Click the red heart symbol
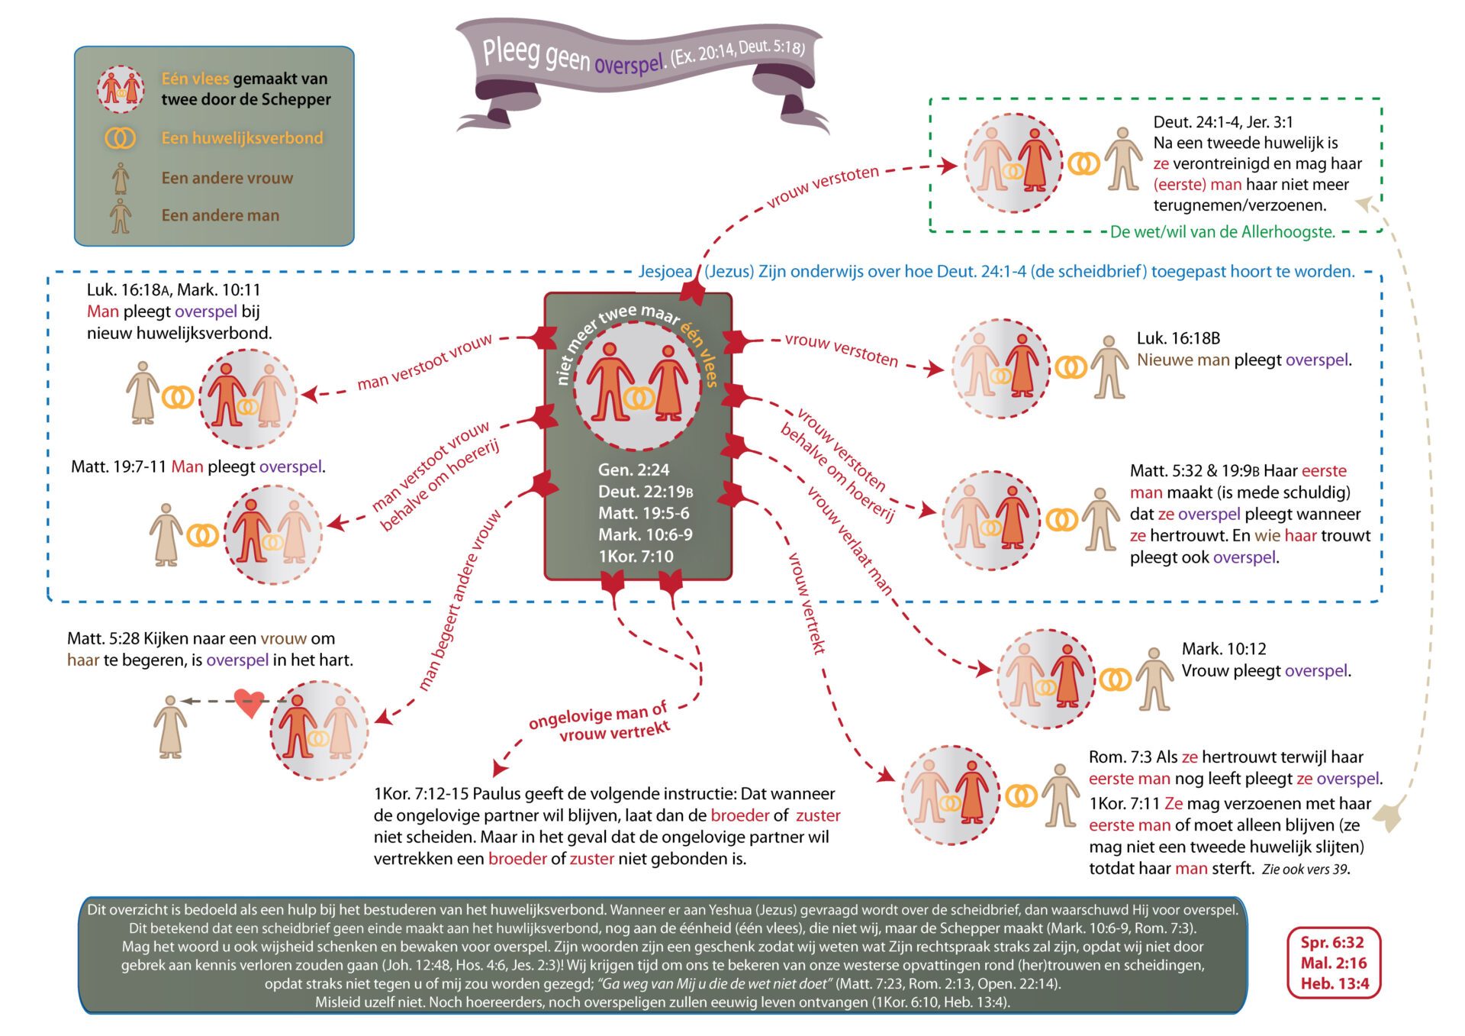(x=249, y=702)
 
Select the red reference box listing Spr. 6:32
(x=1334, y=963)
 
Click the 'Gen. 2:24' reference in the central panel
(x=633, y=470)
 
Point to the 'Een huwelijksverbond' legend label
(x=242, y=138)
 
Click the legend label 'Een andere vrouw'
(x=227, y=178)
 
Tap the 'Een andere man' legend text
(x=220, y=215)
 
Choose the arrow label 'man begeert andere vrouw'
(x=459, y=600)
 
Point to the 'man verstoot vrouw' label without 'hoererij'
(x=424, y=363)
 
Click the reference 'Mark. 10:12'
(x=1224, y=649)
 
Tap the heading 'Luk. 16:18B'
(x=1178, y=338)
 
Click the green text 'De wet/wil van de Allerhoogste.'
(x=1222, y=232)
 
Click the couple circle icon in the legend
(x=121, y=89)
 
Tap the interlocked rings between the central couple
(x=639, y=397)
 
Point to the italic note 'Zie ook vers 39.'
(x=1306, y=870)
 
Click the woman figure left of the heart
(x=170, y=727)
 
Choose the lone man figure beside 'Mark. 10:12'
(x=1154, y=679)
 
